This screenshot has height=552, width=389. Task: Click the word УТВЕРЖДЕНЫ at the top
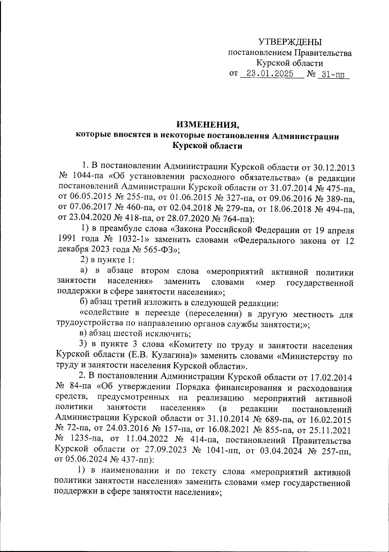click(x=290, y=42)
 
